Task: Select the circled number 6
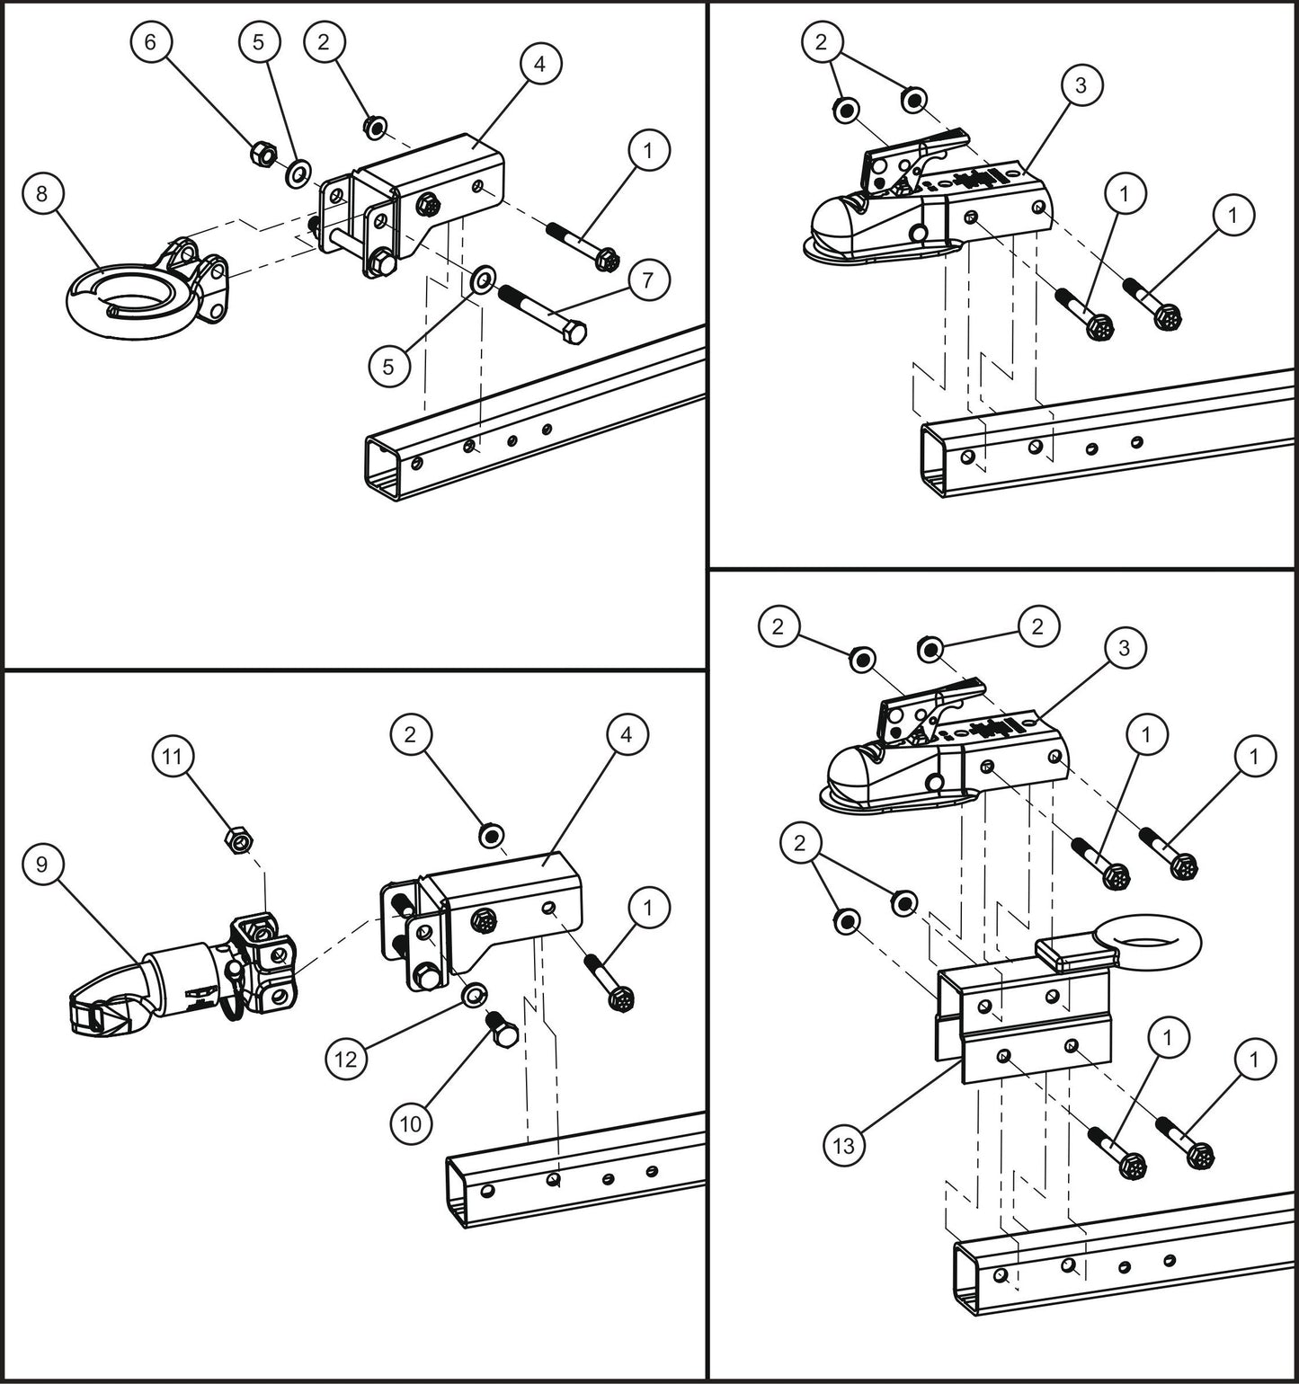150,42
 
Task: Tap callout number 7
649,279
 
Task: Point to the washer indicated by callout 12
469,995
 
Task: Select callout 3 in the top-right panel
1081,85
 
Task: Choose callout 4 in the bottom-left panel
626,734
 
